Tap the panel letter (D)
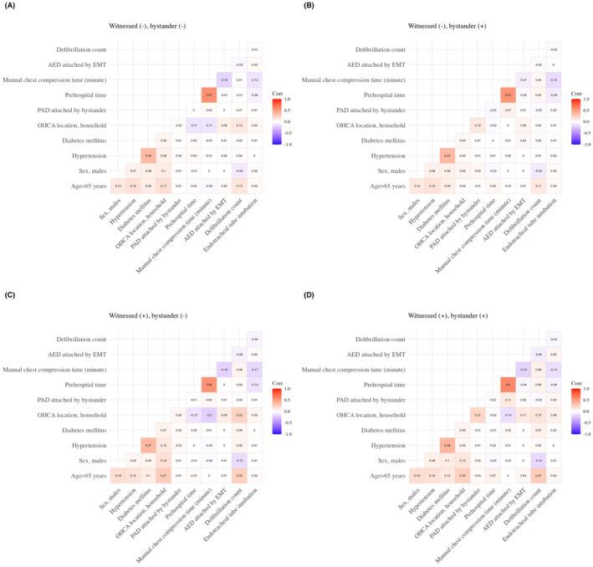pyautogui.click(x=309, y=293)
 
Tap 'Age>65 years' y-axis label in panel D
pyautogui.click(x=390, y=474)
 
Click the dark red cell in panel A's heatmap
pyautogui.click(x=208, y=94)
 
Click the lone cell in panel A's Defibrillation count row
pyautogui.click(x=254, y=49)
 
